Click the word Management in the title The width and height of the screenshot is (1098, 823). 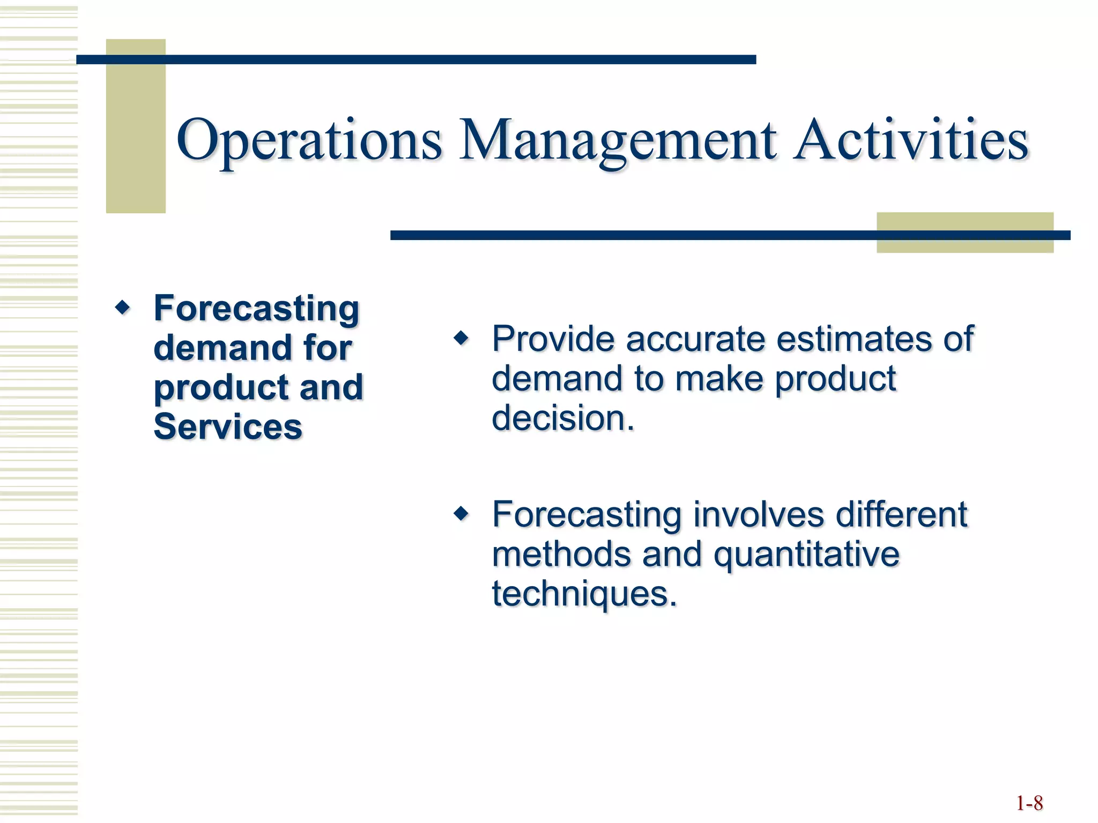click(x=617, y=140)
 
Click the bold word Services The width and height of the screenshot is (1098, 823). click(x=228, y=427)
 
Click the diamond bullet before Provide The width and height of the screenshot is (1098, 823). click(x=461, y=339)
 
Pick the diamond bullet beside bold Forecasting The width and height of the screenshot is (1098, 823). click(x=123, y=308)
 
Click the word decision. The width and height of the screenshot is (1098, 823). click(x=563, y=418)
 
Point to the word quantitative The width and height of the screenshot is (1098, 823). click(x=806, y=555)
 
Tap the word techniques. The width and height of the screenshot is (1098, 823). click(x=584, y=594)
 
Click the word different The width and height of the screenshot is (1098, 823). click(x=901, y=514)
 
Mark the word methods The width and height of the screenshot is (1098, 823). click(x=561, y=555)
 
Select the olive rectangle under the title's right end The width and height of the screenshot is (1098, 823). click(x=965, y=245)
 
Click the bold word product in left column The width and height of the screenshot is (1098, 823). click(x=221, y=388)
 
